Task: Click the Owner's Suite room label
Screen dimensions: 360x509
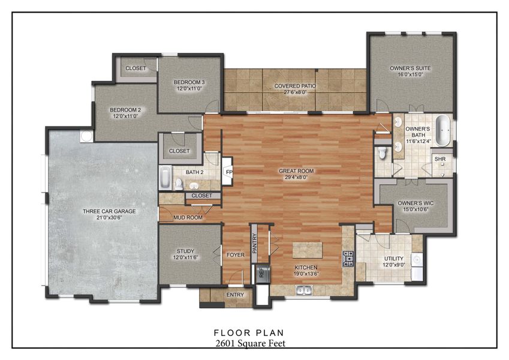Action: (x=410, y=68)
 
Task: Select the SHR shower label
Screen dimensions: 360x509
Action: (x=440, y=159)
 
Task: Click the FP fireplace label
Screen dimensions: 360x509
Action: (x=228, y=172)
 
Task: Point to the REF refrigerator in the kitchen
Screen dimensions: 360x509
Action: (x=261, y=273)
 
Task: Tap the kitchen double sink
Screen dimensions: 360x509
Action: (x=304, y=291)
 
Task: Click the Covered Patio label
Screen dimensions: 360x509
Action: (x=295, y=86)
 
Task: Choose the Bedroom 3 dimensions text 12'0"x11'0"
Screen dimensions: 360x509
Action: (x=190, y=89)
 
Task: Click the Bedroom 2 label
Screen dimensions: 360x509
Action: (x=125, y=110)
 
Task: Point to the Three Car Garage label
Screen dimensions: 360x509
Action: (x=109, y=211)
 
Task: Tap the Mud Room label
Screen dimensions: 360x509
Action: (x=188, y=218)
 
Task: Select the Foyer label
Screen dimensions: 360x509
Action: (x=235, y=254)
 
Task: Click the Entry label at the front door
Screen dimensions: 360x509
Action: (x=234, y=295)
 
